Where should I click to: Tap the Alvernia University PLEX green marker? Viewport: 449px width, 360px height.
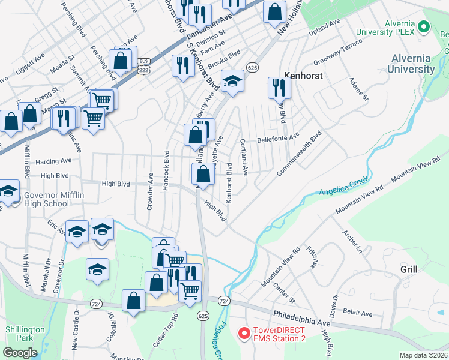tap(423, 27)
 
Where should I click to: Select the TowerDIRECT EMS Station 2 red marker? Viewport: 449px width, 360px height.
tap(244, 332)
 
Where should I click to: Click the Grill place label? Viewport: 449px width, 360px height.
tap(409, 269)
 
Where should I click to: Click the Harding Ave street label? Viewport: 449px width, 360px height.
tap(53, 161)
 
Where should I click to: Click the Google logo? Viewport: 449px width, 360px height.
tap(20, 353)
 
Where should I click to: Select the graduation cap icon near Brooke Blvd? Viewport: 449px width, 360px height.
tap(232, 82)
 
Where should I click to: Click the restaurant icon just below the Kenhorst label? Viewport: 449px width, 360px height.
tap(279, 88)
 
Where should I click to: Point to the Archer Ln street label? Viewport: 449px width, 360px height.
tap(352, 241)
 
